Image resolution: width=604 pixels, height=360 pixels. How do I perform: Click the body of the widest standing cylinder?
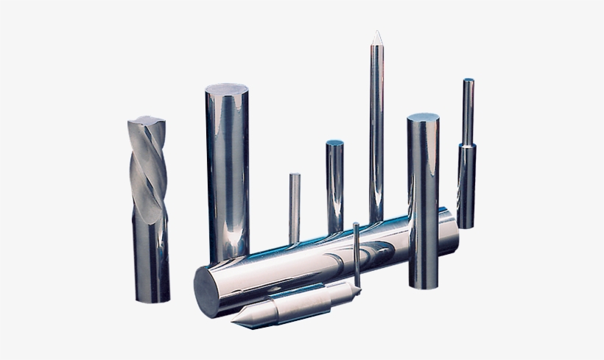(x=227, y=177)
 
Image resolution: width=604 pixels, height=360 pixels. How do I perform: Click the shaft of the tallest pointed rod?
(x=376, y=133)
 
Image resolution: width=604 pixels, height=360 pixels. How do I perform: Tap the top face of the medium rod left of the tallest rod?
(x=336, y=143)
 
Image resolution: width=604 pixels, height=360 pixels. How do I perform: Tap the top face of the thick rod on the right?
(x=422, y=119)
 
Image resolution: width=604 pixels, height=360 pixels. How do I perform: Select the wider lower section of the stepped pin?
(x=466, y=188)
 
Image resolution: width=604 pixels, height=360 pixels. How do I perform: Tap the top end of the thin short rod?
(x=294, y=175)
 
